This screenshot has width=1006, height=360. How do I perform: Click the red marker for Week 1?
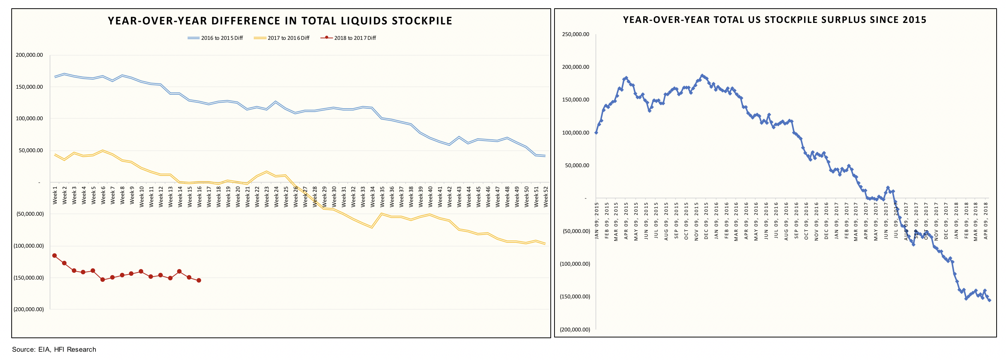55,256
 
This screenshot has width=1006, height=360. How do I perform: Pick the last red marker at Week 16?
199,280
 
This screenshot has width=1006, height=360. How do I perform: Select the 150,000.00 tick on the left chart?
29,87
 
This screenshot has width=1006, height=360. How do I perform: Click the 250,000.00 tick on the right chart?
575,34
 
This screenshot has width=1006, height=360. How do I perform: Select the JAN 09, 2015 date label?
597,221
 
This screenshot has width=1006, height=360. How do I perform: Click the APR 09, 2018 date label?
986,221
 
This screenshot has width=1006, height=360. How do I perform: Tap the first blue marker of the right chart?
596,133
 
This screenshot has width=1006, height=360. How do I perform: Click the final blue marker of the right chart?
989,300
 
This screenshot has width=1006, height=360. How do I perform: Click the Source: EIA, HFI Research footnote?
54,349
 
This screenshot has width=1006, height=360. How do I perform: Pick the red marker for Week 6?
103,280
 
